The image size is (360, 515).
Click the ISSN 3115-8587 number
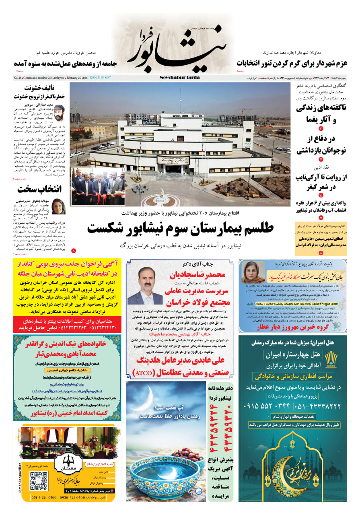[100, 78]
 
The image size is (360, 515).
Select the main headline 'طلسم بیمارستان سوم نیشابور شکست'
[180, 228]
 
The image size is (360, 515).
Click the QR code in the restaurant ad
[39, 481]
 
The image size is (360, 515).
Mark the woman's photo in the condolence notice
[253, 272]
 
